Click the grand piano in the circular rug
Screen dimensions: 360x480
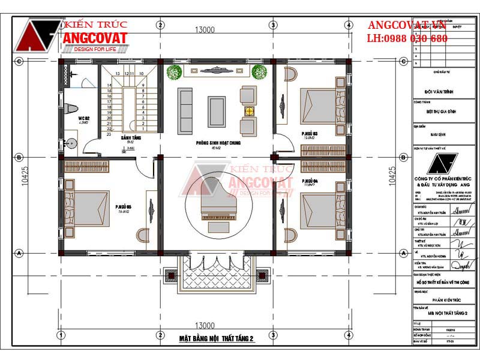click(x=215, y=209)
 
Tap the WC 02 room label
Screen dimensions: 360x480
click(x=83, y=119)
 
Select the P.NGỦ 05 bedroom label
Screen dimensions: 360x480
click(x=124, y=208)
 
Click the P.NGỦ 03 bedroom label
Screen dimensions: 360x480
click(x=310, y=134)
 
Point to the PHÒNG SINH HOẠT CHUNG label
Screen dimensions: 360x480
click(x=214, y=143)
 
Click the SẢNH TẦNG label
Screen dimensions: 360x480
click(x=130, y=138)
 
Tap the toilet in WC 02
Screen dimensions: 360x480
click(x=70, y=109)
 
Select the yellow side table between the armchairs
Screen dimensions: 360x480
click(x=247, y=111)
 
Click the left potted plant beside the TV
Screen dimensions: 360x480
click(x=174, y=72)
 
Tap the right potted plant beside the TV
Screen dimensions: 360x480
click(x=259, y=72)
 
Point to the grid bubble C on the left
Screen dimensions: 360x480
click(x=19, y=61)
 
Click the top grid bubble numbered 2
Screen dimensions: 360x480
click(x=160, y=25)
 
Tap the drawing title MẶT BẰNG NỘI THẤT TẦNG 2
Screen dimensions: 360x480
click(x=217, y=339)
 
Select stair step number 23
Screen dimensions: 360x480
click(x=110, y=134)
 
